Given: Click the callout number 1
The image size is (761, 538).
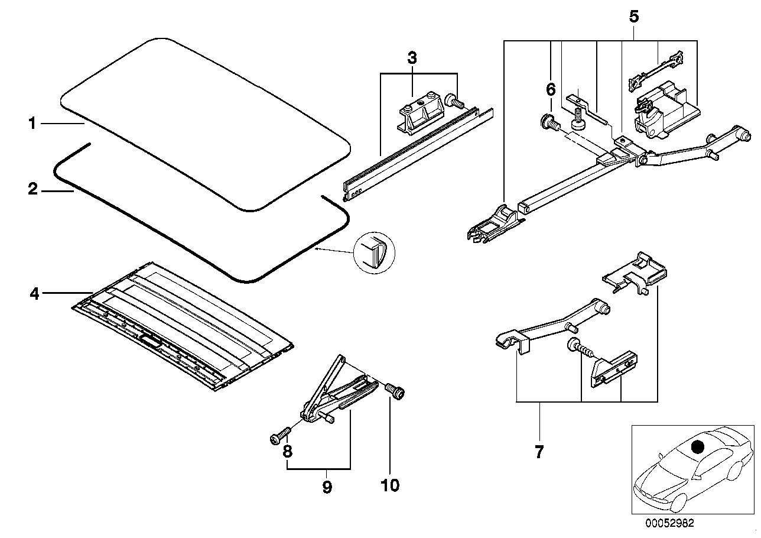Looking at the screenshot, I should click(33, 124).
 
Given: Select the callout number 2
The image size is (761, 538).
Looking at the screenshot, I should click(33, 190).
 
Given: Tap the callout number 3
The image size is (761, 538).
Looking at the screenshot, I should click(412, 58).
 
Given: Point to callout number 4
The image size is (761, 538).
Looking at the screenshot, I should click(34, 293).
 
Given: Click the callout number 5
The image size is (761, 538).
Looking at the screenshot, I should click(633, 17).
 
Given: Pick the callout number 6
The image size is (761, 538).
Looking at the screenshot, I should click(550, 90).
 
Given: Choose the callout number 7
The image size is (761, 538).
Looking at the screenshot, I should click(538, 452).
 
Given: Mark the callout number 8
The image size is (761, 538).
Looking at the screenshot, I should click(288, 452).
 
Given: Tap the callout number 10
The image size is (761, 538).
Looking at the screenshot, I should click(390, 485).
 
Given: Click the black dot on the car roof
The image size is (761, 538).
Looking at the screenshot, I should click(698, 448).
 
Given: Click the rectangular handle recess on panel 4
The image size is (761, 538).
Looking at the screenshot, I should click(151, 341).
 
